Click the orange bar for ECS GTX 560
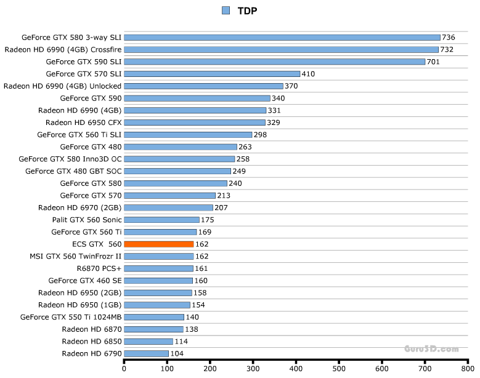tap(159, 244)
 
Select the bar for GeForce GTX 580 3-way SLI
tap(282, 38)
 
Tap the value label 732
tap(447, 49)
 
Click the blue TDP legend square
tap(226, 10)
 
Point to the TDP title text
tap(247, 10)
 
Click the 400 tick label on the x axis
tap(296, 369)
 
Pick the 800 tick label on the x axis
tap(468, 369)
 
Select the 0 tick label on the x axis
tap(124, 369)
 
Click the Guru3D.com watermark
tap(431, 348)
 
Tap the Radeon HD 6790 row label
tap(92, 353)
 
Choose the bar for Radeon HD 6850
tap(148, 341)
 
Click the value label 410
tap(308, 74)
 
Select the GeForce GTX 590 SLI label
tap(84, 62)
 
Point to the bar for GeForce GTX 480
tap(181, 147)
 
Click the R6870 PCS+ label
tap(99, 268)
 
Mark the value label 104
tap(177, 353)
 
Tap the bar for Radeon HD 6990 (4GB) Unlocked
tap(203, 86)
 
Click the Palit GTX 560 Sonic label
tap(87, 220)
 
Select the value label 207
tap(221, 207)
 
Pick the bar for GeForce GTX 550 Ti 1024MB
tap(154, 317)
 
